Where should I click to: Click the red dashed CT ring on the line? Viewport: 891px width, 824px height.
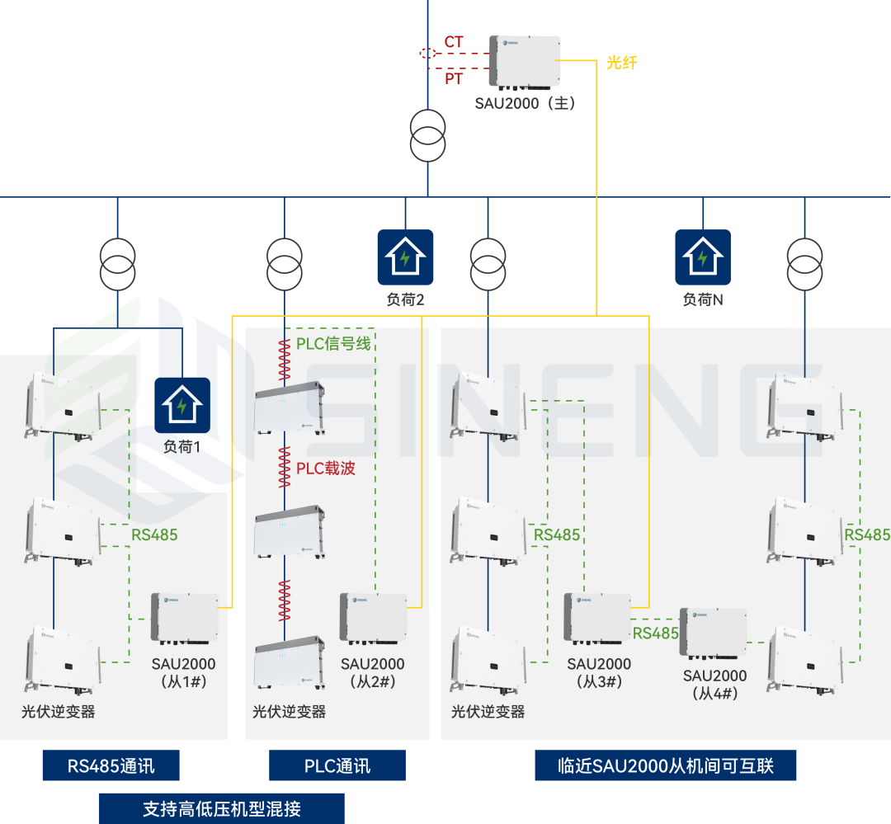click(428, 54)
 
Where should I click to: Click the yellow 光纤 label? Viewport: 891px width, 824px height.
click(622, 63)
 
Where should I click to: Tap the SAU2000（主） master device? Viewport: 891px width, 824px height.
click(524, 62)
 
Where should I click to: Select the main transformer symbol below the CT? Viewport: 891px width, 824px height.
click(428, 137)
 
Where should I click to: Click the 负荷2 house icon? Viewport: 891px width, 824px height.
click(405, 257)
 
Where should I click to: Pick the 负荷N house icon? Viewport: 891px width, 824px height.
click(703, 257)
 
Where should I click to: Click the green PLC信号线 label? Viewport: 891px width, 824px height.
click(333, 343)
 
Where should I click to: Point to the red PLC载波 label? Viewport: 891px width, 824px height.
click(326, 469)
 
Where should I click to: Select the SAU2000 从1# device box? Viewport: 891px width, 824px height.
click(184, 618)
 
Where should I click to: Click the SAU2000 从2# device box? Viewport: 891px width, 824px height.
click(373, 618)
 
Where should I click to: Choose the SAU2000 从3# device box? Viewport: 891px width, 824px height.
click(596, 618)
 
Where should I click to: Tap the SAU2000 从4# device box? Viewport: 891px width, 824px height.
click(713, 633)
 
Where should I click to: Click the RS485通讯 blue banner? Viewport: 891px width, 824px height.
click(111, 765)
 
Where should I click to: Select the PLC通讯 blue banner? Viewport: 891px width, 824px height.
click(337, 765)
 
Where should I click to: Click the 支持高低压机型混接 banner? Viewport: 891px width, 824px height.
click(221, 808)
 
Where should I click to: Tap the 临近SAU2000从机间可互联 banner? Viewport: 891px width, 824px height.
click(665, 765)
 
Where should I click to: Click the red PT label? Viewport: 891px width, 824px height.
click(454, 79)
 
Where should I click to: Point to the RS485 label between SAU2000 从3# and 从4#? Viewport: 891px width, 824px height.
click(656, 633)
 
